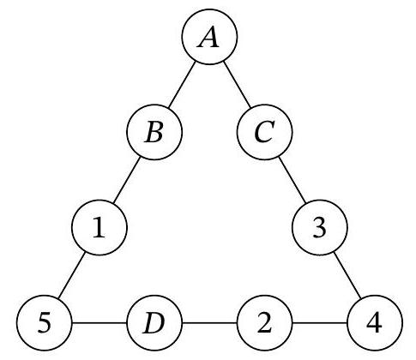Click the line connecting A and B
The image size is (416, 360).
(182, 85)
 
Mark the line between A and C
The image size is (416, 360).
(237, 85)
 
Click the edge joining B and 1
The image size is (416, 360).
(127, 180)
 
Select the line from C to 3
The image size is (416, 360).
(292, 180)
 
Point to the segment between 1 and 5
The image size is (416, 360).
(71, 275)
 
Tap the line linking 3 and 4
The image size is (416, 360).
(347, 275)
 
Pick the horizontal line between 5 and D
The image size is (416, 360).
(99, 323)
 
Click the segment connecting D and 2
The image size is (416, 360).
(209, 323)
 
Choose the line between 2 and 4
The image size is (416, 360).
(320, 323)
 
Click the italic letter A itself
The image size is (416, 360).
(208, 38)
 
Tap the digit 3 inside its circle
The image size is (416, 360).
(319, 228)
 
